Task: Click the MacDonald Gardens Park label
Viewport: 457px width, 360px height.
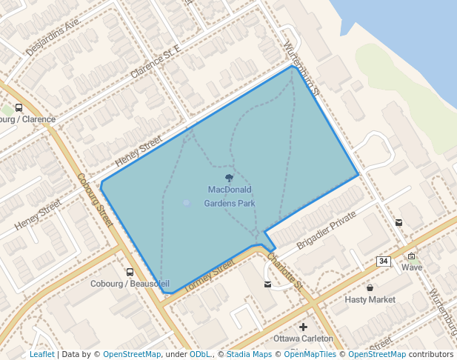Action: pyautogui.click(x=230, y=196)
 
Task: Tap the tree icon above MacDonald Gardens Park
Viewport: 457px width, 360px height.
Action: pyautogui.click(x=230, y=178)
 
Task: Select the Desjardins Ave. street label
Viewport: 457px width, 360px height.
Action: pyautogui.click(x=53, y=38)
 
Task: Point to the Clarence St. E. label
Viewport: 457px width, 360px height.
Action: pyautogui.click(x=156, y=64)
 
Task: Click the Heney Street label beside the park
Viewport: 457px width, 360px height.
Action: pyautogui.click(x=138, y=151)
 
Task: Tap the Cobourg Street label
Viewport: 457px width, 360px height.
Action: pyautogui.click(x=94, y=201)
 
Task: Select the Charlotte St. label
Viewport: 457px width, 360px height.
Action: pyautogui.click(x=284, y=272)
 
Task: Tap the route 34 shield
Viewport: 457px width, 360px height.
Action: pyautogui.click(x=383, y=261)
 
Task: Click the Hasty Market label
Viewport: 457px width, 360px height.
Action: pyautogui.click(x=370, y=300)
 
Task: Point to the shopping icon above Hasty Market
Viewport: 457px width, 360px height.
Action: pyautogui.click(x=370, y=287)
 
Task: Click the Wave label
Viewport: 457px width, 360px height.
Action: pyautogui.click(x=412, y=267)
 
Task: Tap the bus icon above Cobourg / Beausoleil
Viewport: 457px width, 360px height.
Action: pyautogui.click(x=130, y=272)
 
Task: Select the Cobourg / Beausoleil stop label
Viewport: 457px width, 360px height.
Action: pyautogui.click(x=130, y=284)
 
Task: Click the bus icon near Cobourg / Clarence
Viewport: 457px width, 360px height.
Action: pyautogui.click(x=19, y=107)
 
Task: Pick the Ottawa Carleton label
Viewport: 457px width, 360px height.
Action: pyautogui.click(x=303, y=339)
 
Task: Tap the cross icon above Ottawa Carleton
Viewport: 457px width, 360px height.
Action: pyautogui.click(x=303, y=327)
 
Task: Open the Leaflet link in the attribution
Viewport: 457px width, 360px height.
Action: pyautogui.click(x=41, y=354)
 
